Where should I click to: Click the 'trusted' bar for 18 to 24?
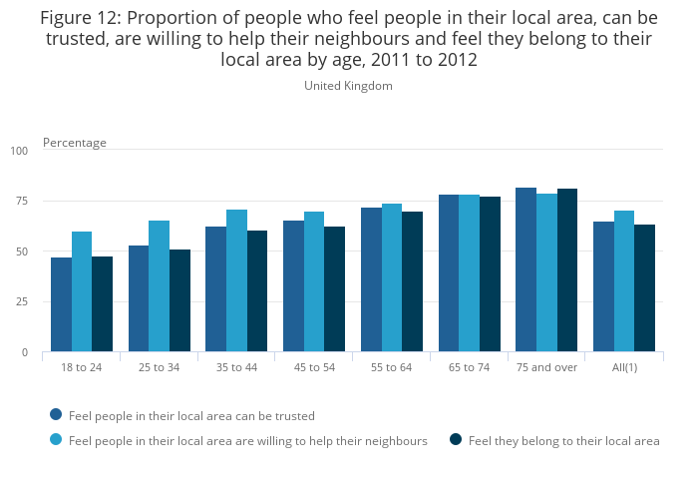point(61,304)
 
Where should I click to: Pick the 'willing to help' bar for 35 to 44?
point(236,280)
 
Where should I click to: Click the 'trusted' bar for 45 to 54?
point(293,286)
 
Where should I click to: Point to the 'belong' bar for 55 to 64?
point(412,281)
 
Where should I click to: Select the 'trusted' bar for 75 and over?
point(525,269)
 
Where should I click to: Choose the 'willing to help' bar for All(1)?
point(624,281)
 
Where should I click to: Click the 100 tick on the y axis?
point(21,151)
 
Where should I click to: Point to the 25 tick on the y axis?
point(22,302)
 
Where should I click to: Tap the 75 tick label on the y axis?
point(22,202)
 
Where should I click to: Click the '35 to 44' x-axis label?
point(236,367)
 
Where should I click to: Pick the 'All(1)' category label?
point(624,367)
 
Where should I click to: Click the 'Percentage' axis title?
point(74,143)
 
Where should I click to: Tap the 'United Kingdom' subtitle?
point(348,86)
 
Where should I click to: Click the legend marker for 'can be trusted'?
point(56,414)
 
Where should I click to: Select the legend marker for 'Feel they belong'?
point(456,439)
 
